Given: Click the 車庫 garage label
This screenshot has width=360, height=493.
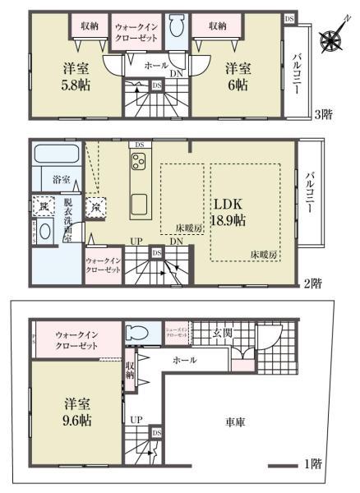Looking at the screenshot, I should click(x=236, y=423).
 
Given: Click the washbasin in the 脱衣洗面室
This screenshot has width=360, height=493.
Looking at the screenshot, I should click(x=46, y=231).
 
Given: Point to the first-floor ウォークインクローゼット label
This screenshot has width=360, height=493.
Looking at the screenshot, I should click(x=79, y=340).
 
